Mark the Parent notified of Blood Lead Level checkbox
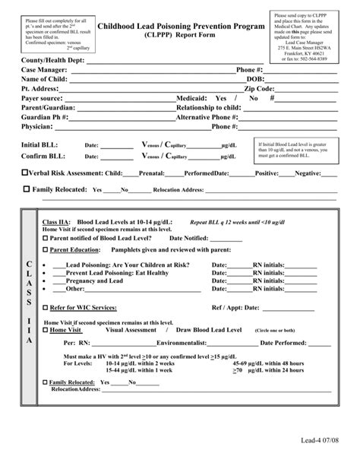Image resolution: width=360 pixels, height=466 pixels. pyautogui.click(x=46, y=237)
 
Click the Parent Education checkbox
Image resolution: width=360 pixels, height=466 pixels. pyautogui.click(x=46, y=249)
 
